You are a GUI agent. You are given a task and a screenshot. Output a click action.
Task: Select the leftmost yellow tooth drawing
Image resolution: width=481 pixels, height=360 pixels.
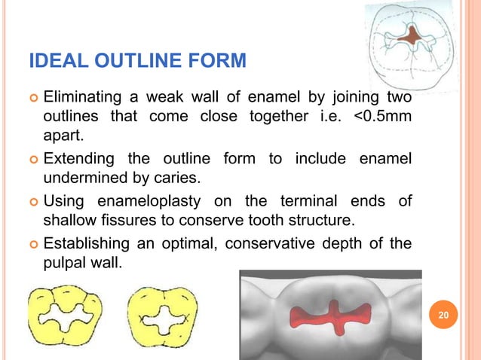pyautogui.click(x=62, y=316)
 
